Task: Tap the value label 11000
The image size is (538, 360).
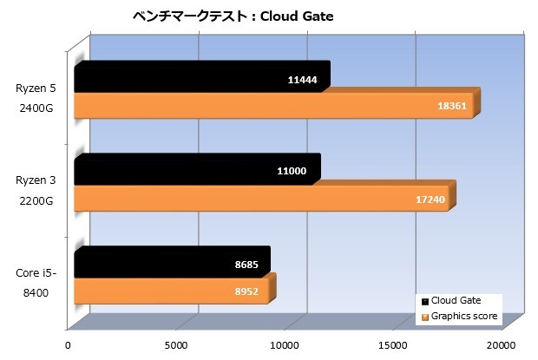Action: tap(292, 172)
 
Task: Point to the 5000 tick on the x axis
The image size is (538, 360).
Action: tap(177, 344)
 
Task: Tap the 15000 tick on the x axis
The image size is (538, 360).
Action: tap(394, 344)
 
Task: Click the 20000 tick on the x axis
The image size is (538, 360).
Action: tap(502, 344)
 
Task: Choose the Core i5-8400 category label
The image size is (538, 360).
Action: tap(35, 284)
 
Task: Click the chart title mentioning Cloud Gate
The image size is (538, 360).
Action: tap(232, 16)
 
